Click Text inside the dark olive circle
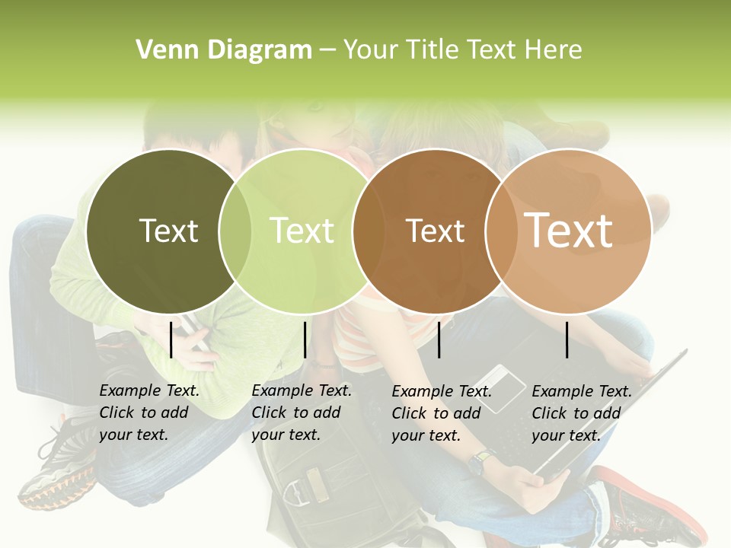click(x=168, y=231)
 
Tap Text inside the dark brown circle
click(x=435, y=231)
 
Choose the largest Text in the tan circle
click(x=568, y=230)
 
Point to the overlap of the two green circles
click(x=235, y=231)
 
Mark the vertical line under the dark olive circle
click(x=171, y=339)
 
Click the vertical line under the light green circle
click(x=305, y=339)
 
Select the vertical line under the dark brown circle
click(x=439, y=339)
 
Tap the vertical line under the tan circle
click(x=567, y=339)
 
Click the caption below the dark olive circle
click(x=148, y=413)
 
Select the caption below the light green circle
click(x=301, y=413)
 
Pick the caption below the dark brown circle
click(x=441, y=413)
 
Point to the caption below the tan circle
click(x=581, y=413)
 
